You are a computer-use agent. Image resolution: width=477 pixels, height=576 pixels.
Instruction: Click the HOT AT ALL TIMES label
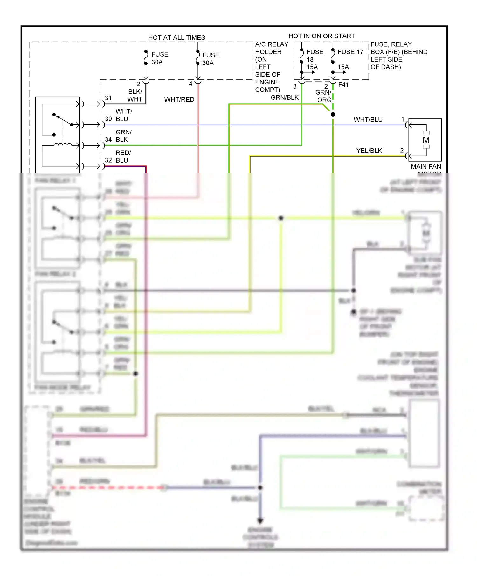176,37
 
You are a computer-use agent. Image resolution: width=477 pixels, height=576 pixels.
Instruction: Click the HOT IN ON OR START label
321,36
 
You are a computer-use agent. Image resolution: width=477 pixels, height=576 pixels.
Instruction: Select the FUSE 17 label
350,52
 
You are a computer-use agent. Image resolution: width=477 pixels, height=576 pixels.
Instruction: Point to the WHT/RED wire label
179,99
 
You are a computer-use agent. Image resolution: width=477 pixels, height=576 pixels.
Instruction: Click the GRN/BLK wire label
285,97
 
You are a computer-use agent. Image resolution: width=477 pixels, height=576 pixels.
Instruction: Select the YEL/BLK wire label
369,151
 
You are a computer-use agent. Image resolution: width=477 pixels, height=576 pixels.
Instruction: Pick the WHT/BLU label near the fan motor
368,119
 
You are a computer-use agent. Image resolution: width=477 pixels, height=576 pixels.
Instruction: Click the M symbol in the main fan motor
426,140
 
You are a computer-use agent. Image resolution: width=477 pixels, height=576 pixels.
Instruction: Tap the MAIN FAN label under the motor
426,166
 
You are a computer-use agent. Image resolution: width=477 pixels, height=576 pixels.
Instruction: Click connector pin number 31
108,98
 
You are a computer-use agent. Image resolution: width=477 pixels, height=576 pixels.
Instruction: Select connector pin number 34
108,139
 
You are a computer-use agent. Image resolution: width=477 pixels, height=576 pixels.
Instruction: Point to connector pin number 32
108,160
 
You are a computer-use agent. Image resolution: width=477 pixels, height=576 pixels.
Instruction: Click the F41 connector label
343,85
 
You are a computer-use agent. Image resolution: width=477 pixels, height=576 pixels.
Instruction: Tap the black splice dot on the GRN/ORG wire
333,114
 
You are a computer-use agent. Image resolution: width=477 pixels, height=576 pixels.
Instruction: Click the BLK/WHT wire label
135,95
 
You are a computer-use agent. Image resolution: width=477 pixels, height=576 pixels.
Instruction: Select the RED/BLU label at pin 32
123,157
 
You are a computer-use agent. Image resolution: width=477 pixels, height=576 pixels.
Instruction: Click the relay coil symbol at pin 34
63,145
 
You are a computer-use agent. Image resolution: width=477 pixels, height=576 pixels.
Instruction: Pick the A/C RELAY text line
272,44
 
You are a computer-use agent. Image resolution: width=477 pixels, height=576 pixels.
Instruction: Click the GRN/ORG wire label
323,96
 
